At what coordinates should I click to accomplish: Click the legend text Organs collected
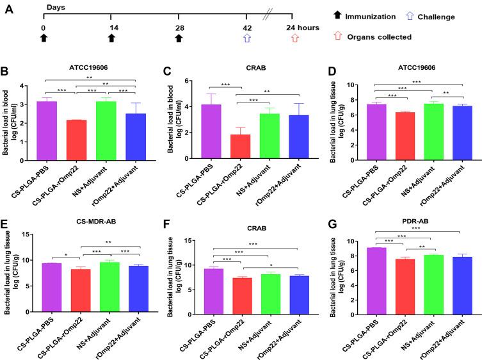click(x=382, y=37)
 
